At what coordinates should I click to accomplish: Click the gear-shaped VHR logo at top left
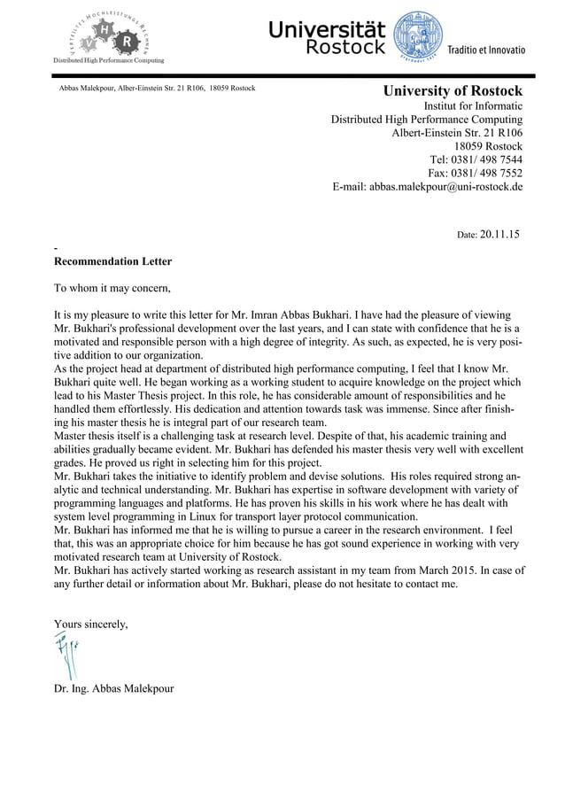point(106,35)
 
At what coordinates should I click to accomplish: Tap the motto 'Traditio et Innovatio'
point(485,50)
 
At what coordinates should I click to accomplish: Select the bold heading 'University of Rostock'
point(452,91)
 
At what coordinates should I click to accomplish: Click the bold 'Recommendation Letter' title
point(113,261)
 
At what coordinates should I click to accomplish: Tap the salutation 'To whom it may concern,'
point(112,288)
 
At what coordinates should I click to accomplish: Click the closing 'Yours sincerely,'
point(91,624)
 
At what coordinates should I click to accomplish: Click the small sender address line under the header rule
point(157,89)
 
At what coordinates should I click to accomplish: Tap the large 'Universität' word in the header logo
point(326,30)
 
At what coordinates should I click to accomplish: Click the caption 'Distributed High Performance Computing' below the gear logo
point(109,59)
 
